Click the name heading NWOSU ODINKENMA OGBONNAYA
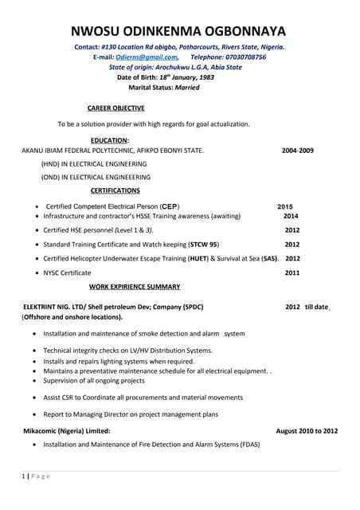click(x=180, y=32)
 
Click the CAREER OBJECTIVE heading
click(x=116, y=108)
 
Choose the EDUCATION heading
click(x=110, y=140)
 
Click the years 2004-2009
click(x=298, y=150)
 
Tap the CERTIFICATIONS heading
click(x=115, y=190)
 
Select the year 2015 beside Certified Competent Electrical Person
click(x=285, y=206)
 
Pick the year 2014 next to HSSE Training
click(x=291, y=216)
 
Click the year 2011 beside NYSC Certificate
click(x=292, y=273)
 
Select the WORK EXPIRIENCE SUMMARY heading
click(x=135, y=286)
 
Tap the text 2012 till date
click(x=307, y=307)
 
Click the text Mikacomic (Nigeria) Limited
click(x=67, y=430)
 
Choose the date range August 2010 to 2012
click(x=307, y=430)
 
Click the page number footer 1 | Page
click(x=36, y=476)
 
